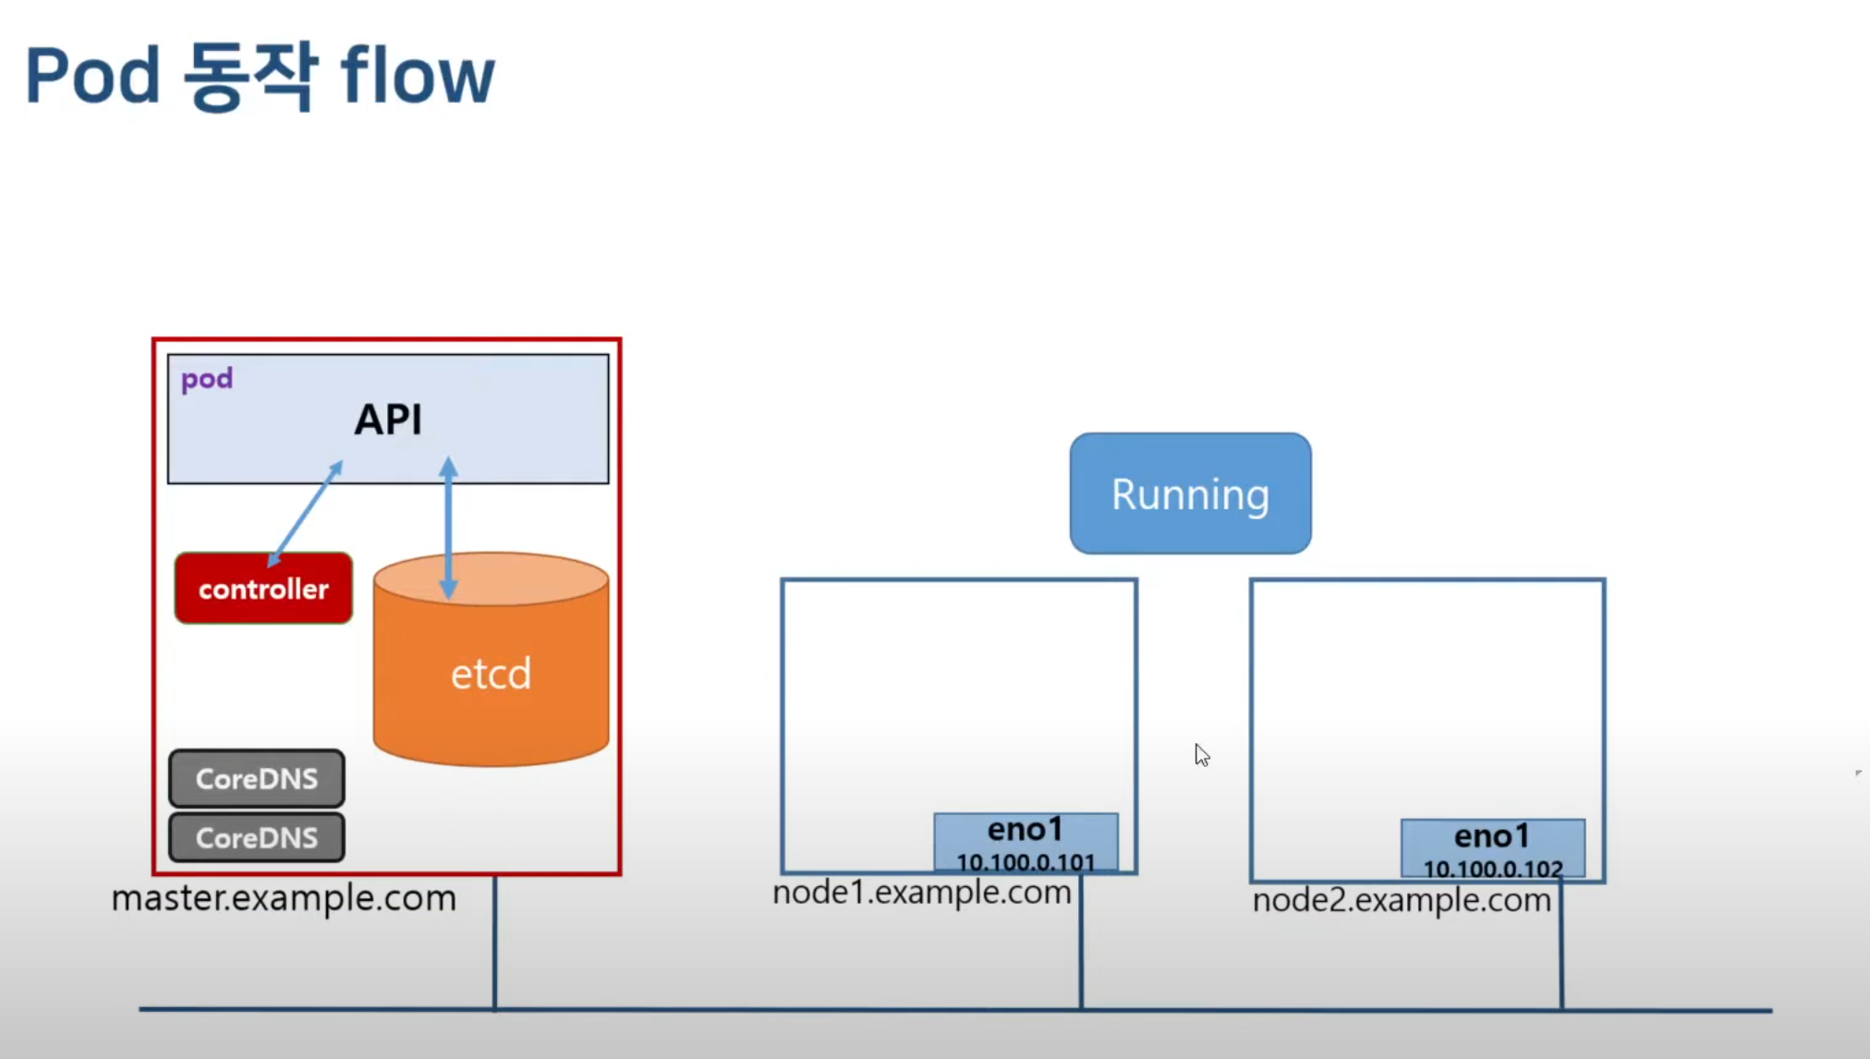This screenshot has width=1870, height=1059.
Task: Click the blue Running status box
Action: [1190, 493]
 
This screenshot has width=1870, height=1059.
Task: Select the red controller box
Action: [263, 589]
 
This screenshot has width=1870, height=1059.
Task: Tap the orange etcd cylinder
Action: [491, 659]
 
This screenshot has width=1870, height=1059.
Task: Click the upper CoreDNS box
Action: [257, 778]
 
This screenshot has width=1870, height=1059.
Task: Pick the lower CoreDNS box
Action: [257, 837]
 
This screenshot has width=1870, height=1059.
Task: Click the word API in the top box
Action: [388, 420]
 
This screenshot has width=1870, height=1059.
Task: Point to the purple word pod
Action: [207, 379]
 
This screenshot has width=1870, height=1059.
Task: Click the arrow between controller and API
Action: [305, 514]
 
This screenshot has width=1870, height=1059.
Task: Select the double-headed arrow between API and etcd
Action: [448, 528]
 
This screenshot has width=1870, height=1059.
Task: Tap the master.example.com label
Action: [284, 898]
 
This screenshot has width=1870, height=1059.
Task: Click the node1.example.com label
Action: [922, 893]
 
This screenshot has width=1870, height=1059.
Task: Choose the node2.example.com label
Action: [1402, 900]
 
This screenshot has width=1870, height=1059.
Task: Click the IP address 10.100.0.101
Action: [1026, 862]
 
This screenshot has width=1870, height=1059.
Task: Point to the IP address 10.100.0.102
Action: [1493, 869]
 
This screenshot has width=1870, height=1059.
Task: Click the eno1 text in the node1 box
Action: [1026, 830]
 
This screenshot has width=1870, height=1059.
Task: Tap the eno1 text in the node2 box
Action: [1492, 836]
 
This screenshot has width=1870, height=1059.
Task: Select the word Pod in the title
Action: [92, 75]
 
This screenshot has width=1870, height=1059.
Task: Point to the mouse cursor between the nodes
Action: [1202, 755]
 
